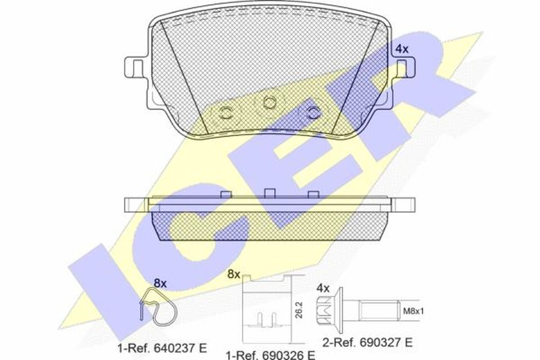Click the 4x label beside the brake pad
(x=402, y=49)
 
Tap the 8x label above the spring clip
(x=160, y=283)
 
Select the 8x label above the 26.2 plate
(x=234, y=274)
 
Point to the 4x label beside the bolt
(x=323, y=288)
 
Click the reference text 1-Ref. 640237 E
(x=162, y=348)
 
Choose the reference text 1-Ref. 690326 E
(x=271, y=355)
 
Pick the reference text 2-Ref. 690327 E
(x=367, y=342)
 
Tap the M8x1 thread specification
(x=413, y=311)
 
